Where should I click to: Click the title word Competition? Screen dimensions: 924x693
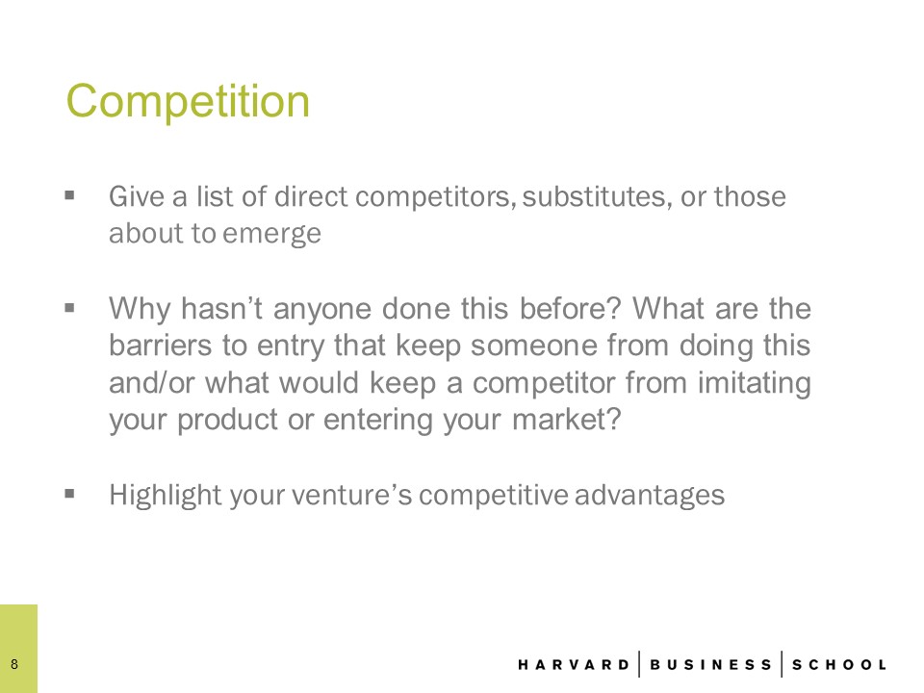(188, 101)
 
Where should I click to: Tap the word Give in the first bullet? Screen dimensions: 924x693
(136, 196)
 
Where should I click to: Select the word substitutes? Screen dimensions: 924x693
(597, 196)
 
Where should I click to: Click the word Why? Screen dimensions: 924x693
(140, 309)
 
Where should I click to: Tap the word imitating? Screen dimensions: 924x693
(755, 384)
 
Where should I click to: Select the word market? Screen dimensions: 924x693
(567, 420)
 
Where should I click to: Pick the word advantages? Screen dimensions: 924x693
(650, 495)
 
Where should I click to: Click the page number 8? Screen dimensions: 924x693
(14, 665)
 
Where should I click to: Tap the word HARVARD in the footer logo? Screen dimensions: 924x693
(574, 665)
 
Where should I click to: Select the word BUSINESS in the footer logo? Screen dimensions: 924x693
(710, 665)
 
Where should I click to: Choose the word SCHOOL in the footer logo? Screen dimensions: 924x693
(839, 665)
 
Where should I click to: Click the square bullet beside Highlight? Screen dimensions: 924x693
(70, 493)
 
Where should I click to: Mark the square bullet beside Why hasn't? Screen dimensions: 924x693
(70, 307)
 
